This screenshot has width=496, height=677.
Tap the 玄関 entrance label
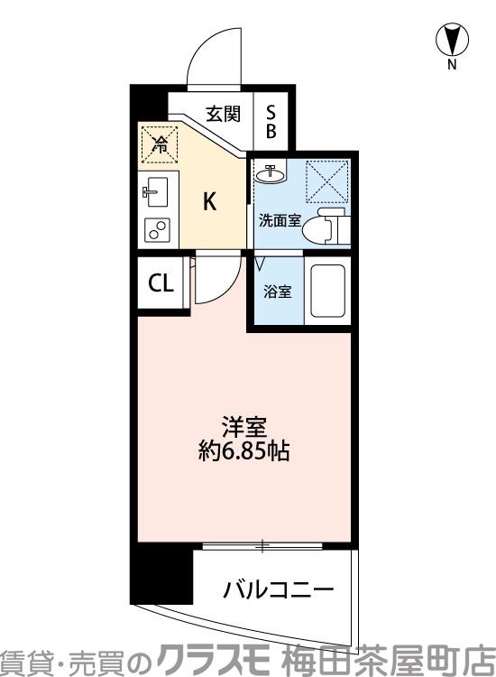(x=222, y=114)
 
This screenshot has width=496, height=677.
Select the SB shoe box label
(x=271, y=120)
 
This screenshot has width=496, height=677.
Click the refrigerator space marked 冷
(x=159, y=144)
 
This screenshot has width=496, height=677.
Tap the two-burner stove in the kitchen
(x=158, y=230)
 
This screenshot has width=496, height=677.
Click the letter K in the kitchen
(x=208, y=202)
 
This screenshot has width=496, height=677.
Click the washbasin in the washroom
(x=269, y=172)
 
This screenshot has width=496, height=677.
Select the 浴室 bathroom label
(x=277, y=292)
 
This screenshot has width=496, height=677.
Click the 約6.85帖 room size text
(x=243, y=451)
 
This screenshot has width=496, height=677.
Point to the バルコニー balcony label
(x=278, y=590)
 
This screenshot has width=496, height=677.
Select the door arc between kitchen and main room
(x=216, y=284)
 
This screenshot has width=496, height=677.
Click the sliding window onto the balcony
(x=262, y=545)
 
